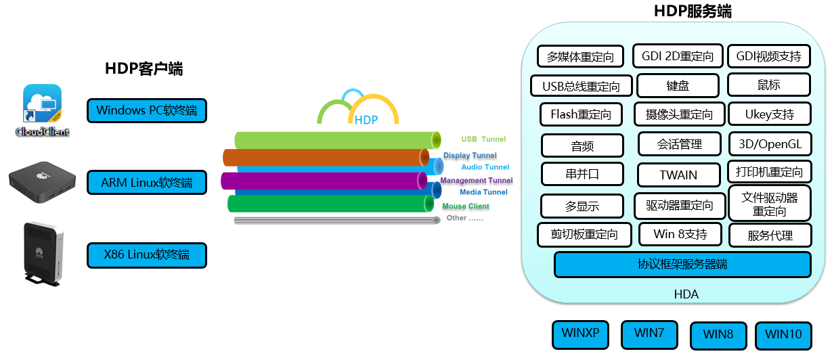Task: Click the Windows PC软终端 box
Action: tap(146, 110)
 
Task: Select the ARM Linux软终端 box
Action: tap(146, 183)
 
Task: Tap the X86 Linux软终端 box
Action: tap(146, 255)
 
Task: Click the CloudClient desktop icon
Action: tap(43, 110)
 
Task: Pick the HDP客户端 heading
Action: tap(144, 68)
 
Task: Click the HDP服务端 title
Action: tap(693, 12)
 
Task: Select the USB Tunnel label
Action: tap(483, 139)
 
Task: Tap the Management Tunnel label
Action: tap(477, 181)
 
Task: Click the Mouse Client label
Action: tap(466, 206)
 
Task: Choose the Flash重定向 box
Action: tap(581, 114)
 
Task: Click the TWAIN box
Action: tap(678, 175)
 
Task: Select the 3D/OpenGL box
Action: tap(770, 144)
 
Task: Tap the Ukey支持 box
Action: tap(769, 114)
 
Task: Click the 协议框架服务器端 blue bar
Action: tap(682, 264)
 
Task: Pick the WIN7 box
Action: tap(649, 334)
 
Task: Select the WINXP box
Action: tap(580, 334)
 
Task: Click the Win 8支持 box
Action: tap(680, 235)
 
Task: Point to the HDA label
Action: tap(686, 294)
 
